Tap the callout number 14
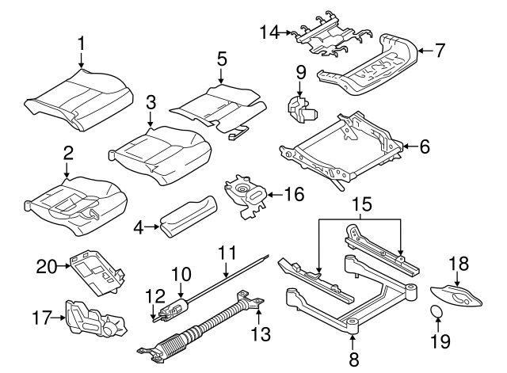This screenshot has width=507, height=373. (270, 32)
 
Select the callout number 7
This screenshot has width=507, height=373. (440, 51)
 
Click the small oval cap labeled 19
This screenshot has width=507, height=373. (436, 313)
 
